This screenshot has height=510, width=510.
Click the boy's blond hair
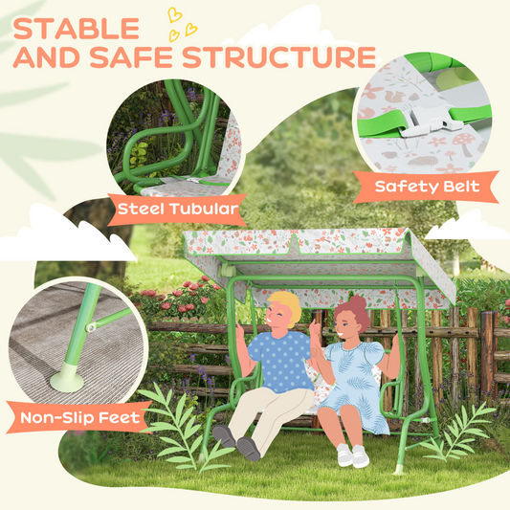pos(284,308)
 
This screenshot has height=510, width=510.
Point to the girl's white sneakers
pos(352,455)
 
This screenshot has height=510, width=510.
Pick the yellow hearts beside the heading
pos(181,22)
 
